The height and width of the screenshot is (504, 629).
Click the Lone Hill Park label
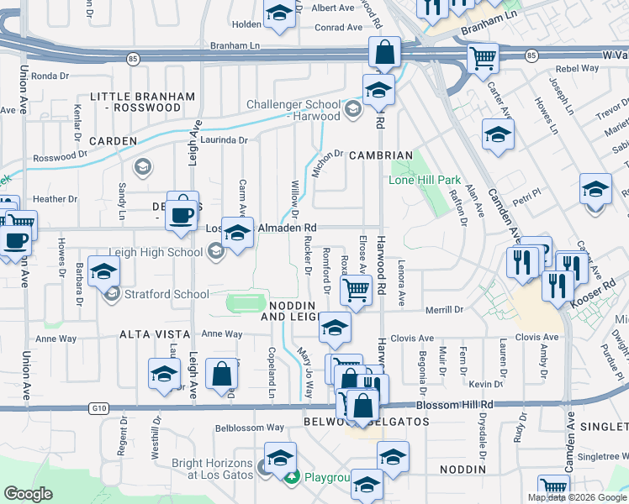(425, 180)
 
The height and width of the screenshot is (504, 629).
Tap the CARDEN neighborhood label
(113, 141)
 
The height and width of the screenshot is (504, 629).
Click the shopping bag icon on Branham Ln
(384, 52)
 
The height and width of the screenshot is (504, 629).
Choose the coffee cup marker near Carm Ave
(182, 214)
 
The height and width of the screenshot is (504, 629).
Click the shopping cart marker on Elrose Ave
(356, 291)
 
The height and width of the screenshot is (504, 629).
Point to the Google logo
(29, 494)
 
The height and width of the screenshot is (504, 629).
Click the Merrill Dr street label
(445, 310)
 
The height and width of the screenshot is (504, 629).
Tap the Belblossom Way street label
(250, 427)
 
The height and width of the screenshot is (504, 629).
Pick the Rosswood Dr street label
(60, 157)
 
